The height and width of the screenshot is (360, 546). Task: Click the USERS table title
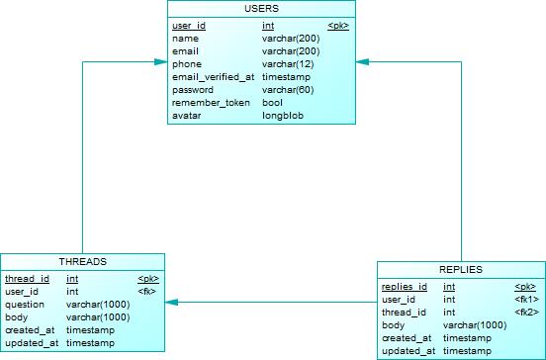click(261, 10)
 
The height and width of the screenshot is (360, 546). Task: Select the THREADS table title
click(82, 261)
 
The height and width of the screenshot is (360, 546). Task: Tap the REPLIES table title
click(460, 269)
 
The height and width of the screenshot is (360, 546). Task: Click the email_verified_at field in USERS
click(213, 76)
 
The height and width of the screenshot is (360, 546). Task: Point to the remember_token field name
click(211, 102)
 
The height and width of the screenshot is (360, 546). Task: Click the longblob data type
click(282, 115)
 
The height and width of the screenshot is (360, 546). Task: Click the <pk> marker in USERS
click(337, 25)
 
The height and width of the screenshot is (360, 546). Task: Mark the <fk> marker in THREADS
click(147, 292)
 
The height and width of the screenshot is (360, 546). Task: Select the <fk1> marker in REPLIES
click(526, 299)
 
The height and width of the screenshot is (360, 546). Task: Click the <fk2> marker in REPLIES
click(526, 312)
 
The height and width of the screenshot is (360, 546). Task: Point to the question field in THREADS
click(24, 305)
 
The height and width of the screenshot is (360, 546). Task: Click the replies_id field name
click(404, 286)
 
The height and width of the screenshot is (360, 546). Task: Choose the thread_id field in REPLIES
click(403, 312)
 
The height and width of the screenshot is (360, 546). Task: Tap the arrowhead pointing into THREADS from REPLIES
click(171, 302)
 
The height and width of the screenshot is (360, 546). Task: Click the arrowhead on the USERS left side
click(160, 62)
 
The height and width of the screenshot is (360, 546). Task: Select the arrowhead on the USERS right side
click(361, 62)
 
